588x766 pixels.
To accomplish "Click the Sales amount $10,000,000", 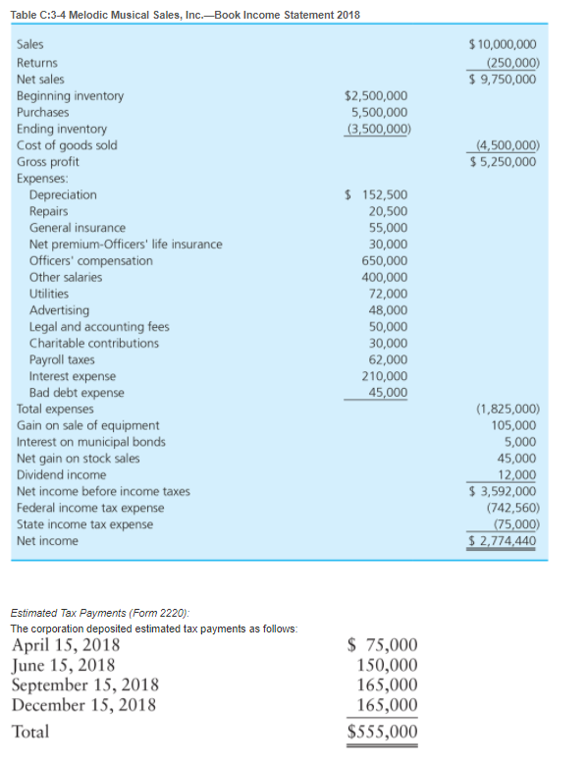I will click(x=504, y=45).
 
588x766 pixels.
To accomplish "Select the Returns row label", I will click(x=37, y=62).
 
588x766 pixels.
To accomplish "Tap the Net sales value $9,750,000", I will click(x=504, y=79).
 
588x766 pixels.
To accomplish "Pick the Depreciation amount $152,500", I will click(x=378, y=194).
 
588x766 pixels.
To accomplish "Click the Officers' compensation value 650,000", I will click(x=385, y=260).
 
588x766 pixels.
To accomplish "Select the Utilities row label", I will click(x=49, y=294).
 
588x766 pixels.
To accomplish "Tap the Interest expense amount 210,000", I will click(x=385, y=376).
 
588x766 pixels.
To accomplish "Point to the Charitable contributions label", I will click(x=94, y=343).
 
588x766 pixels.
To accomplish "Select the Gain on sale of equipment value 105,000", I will click(x=513, y=425).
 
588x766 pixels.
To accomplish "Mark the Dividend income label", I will click(x=62, y=474).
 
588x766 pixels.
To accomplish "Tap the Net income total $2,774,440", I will click(x=504, y=541).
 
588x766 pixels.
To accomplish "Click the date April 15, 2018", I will click(x=66, y=645).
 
